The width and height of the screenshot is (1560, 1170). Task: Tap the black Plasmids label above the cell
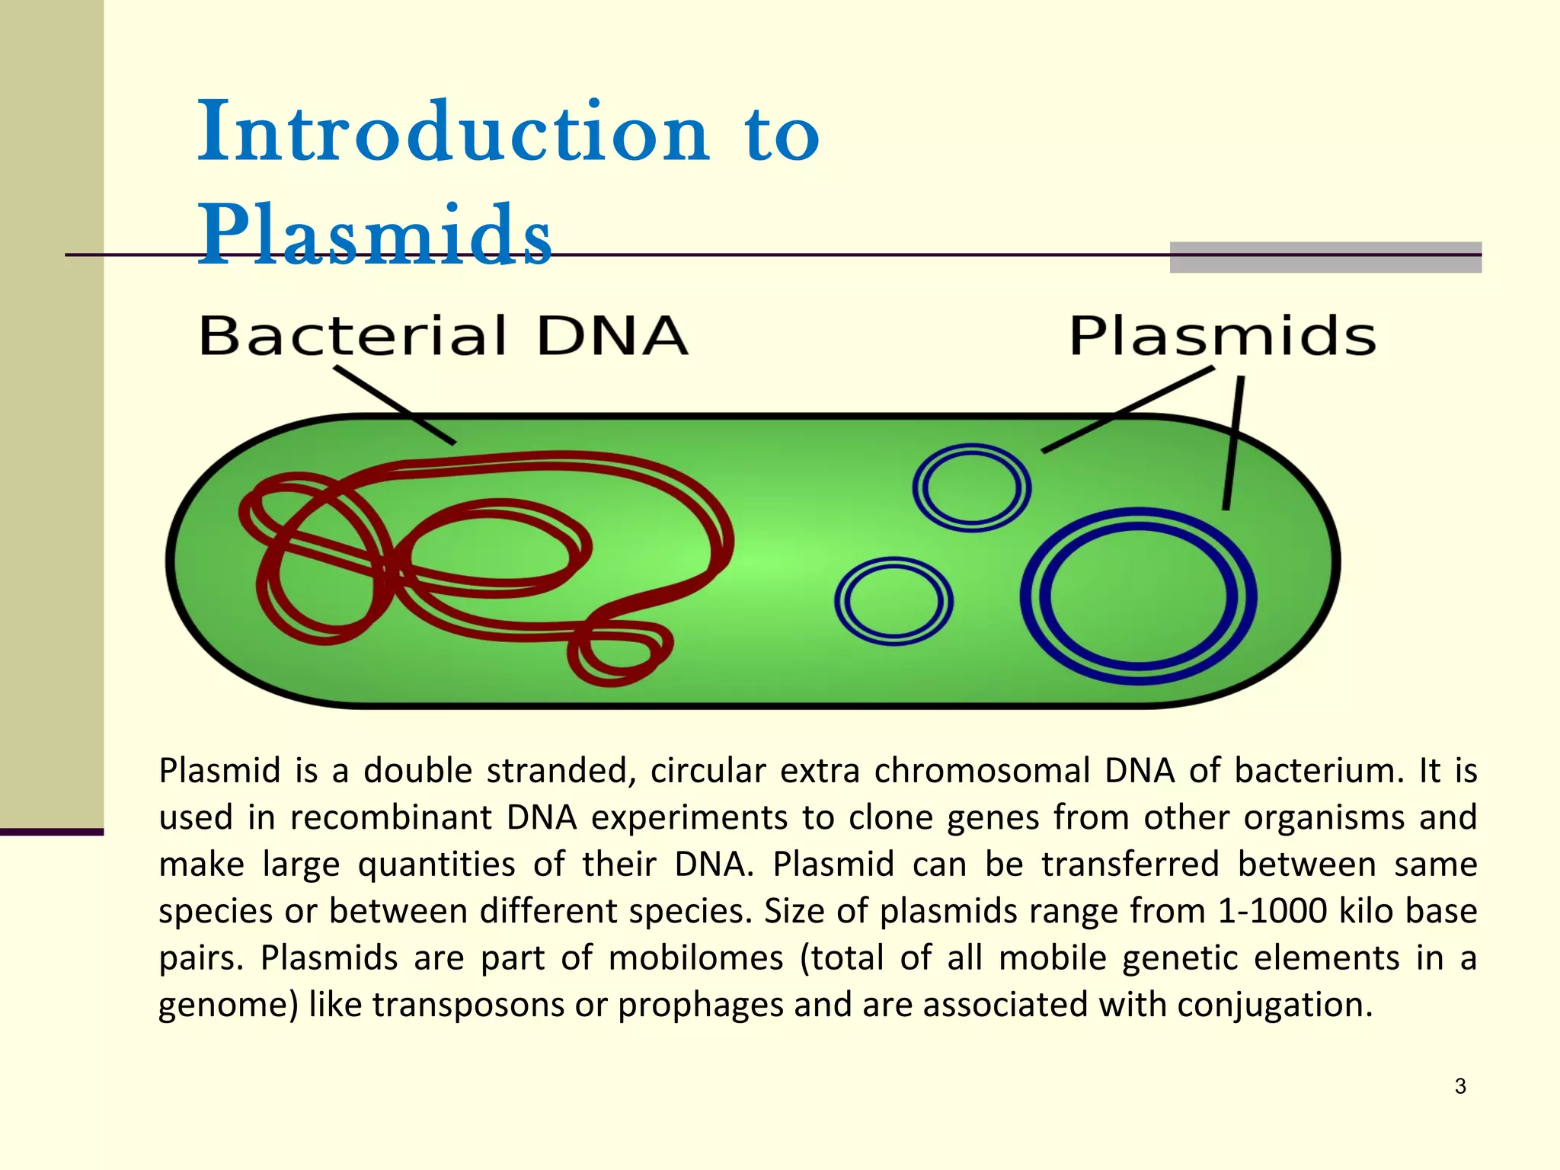(x=1222, y=336)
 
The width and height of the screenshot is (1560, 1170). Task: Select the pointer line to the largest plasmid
(x=1233, y=442)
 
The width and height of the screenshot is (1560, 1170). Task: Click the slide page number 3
(x=1459, y=1086)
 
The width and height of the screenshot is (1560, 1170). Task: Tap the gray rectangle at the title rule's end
(x=1325, y=257)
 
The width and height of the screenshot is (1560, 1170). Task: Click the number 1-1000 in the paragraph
(x=1272, y=911)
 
